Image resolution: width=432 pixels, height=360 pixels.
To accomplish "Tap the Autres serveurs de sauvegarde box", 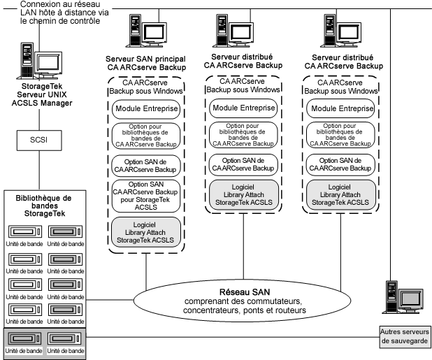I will [x=405, y=336].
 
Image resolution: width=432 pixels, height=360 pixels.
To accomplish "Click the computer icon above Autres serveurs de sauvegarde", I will [x=403, y=297].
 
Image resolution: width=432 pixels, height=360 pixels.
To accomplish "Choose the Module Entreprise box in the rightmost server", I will [x=339, y=110].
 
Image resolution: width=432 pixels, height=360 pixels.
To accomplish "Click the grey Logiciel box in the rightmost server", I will [x=339, y=193].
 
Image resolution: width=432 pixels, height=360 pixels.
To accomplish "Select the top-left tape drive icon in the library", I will [x=22, y=231].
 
